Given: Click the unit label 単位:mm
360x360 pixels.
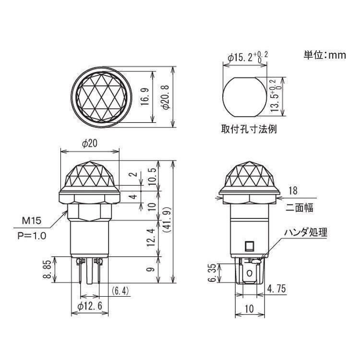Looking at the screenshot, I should pos(324,55).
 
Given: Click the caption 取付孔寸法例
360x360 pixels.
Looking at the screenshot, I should pos(249,129).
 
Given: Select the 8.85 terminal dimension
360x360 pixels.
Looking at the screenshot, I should pos(46,270).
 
